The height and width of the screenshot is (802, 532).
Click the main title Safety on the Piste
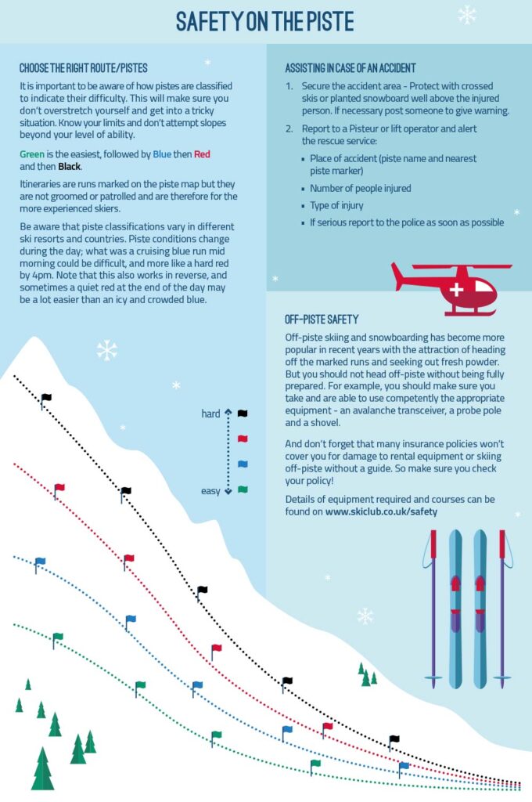(x=264, y=21)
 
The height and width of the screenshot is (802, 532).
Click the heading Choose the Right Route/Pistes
(x=83, y=68)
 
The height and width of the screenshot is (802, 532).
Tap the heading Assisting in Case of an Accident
(x=350, y=68)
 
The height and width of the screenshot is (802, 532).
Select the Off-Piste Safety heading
(x=322, y=320)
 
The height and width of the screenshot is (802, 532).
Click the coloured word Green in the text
(x=32, y=154)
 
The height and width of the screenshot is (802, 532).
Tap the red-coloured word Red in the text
(x=203, y=154)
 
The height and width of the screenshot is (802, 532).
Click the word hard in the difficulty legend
(x=210, y=414)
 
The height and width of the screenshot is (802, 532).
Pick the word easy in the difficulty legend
(x=210, y=491)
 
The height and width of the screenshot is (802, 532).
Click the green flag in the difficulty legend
(x=243, y=490)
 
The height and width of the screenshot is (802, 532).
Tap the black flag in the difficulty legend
(x=243, y=413)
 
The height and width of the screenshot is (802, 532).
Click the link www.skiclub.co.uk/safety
(x=381, y=511)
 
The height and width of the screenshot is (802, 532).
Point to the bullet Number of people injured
(x=360, y=188)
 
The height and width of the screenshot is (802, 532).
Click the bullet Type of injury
(x=340, y=205)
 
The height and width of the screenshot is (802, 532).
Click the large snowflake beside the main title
(x=467, y=15)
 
